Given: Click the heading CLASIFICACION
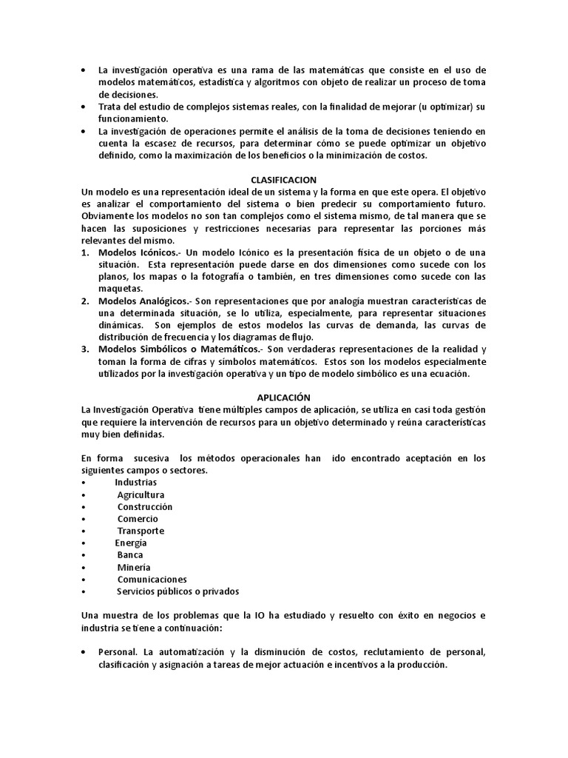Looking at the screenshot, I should point(283,180).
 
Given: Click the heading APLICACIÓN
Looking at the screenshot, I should point(283,398).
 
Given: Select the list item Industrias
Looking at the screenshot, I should point(135,483).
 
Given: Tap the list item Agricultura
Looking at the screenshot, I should point(141,494).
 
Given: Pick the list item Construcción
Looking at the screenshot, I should point(144,506).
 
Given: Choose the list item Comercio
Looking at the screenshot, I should point(137,519).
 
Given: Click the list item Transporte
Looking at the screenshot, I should point(141,531).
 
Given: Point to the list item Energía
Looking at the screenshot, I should point(130,543).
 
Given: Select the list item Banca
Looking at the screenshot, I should point(130,554).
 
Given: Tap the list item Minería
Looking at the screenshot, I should point(133,567).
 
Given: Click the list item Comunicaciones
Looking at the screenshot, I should point(152,579).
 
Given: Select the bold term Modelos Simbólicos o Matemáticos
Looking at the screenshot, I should point(180,349).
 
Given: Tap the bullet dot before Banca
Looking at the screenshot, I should point(85,555).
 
